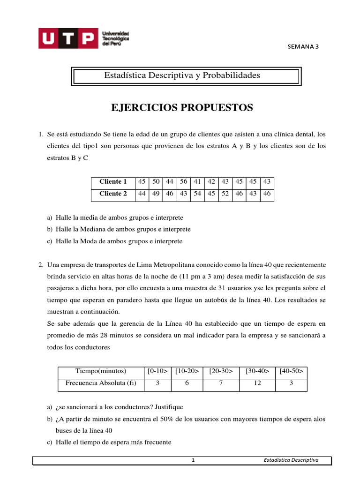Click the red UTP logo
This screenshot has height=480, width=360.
click(x=67, y=38)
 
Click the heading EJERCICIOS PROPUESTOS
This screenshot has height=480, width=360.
click(x=182, y=108)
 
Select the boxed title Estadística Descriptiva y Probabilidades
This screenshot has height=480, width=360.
click(x=181, y=75)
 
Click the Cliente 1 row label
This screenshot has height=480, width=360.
click(x=113, y=181)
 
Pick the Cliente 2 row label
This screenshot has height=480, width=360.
click(x=113, y=193)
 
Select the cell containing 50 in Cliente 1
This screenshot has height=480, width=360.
click(x=156, y=181)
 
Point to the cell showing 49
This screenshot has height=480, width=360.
click(x=156, y=193)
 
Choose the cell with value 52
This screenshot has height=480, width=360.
click(x=225, y=193)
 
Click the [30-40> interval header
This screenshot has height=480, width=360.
click(x=257, y=371)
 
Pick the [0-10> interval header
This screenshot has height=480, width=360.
click(x=157, y=371)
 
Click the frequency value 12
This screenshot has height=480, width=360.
click(x=257, y=383)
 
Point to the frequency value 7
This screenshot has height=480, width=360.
click(x=221, y=383)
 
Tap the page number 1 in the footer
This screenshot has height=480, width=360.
click(x=193, y=460)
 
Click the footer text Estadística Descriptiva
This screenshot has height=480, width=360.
click(x=291, y=460)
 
